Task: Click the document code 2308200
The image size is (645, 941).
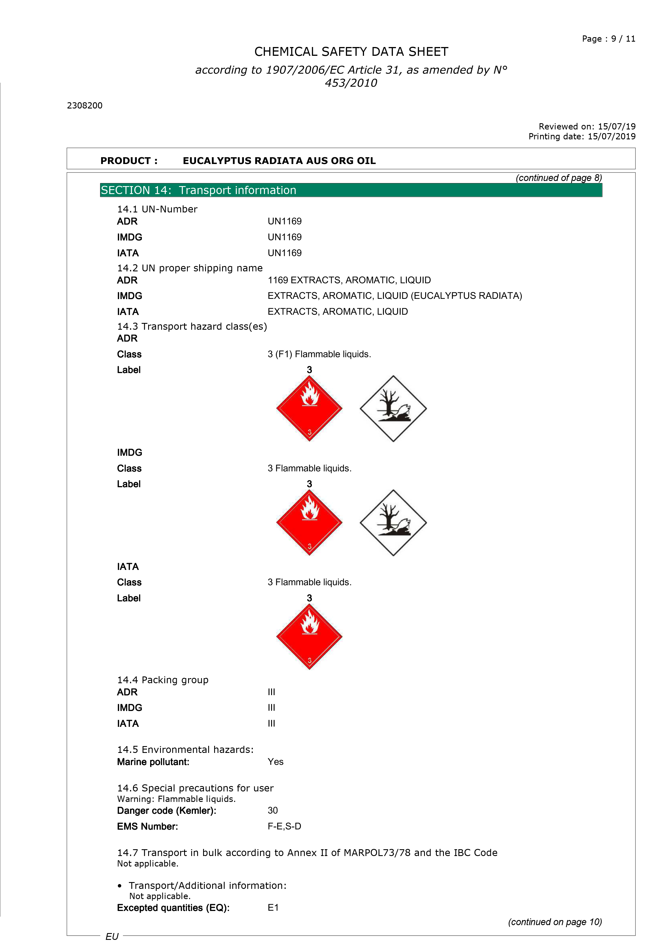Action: (x=85, y=106)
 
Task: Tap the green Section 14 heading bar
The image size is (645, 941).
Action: (x=351, y=190)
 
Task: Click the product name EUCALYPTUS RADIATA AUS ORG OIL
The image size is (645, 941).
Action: (x=279, y=161)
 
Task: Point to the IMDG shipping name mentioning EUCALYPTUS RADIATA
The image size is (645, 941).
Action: (x=394, y=296)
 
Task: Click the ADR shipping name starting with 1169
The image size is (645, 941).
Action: (x=349, y=280)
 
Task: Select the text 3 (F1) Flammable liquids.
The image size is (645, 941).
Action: (x=319, y=354)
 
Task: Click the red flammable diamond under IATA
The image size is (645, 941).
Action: (x=309, y=636)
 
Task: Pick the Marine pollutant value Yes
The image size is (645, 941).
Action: (x=275, y=762)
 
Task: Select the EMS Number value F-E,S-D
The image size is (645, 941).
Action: (x=284, y=826)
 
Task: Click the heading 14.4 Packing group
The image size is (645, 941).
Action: (x=163, y=680)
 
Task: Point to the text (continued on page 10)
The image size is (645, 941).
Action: (x=555, y=922)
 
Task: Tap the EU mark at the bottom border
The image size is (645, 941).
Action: (x=112, y=936)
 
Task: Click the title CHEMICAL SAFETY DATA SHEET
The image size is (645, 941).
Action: (x=351, y=52)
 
